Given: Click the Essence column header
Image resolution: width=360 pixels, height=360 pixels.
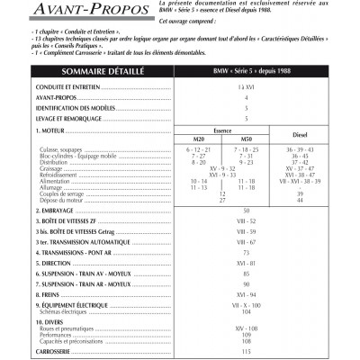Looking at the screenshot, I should (221, 130).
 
